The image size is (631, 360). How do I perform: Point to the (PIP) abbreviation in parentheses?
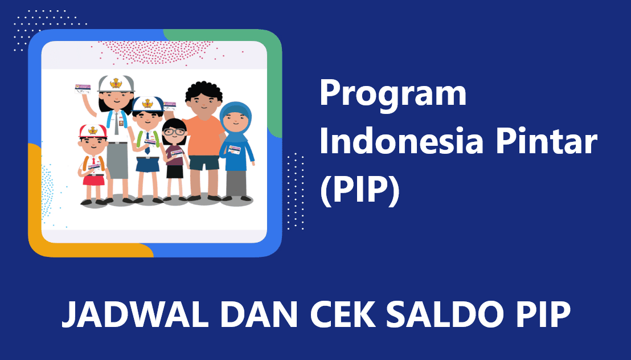tap(359, 190)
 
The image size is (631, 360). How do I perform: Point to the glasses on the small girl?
tap(174, 132)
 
